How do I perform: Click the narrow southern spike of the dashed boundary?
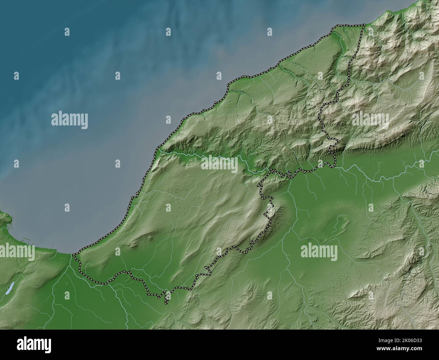(166, 299)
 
